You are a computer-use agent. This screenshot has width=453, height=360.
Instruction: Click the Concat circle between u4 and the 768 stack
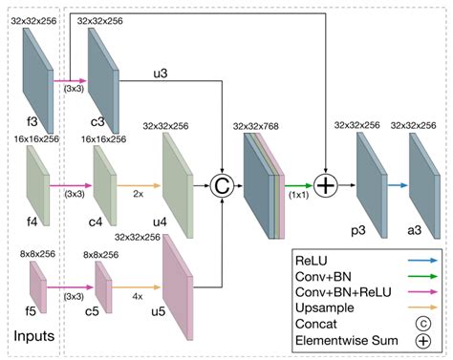222,185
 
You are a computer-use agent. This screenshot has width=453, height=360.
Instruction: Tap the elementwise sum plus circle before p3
326,185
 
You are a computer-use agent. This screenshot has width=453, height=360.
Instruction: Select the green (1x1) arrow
298,185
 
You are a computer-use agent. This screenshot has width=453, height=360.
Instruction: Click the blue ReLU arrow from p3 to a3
398,185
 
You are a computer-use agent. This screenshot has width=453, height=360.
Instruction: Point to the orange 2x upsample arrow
139,185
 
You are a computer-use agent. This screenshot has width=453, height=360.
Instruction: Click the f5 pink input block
38,287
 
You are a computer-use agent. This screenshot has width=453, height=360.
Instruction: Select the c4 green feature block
105,186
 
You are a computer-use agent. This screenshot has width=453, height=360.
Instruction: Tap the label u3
161,74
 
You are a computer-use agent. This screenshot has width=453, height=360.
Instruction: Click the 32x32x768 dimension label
256,126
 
